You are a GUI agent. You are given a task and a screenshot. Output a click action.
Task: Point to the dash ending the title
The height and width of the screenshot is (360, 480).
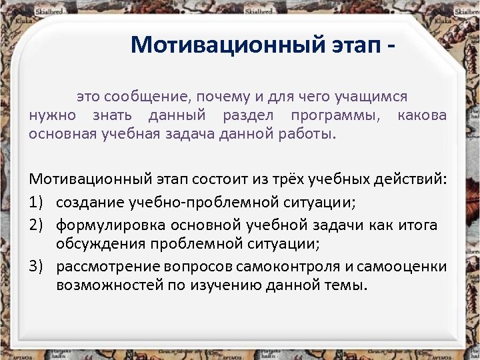point(399,45)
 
